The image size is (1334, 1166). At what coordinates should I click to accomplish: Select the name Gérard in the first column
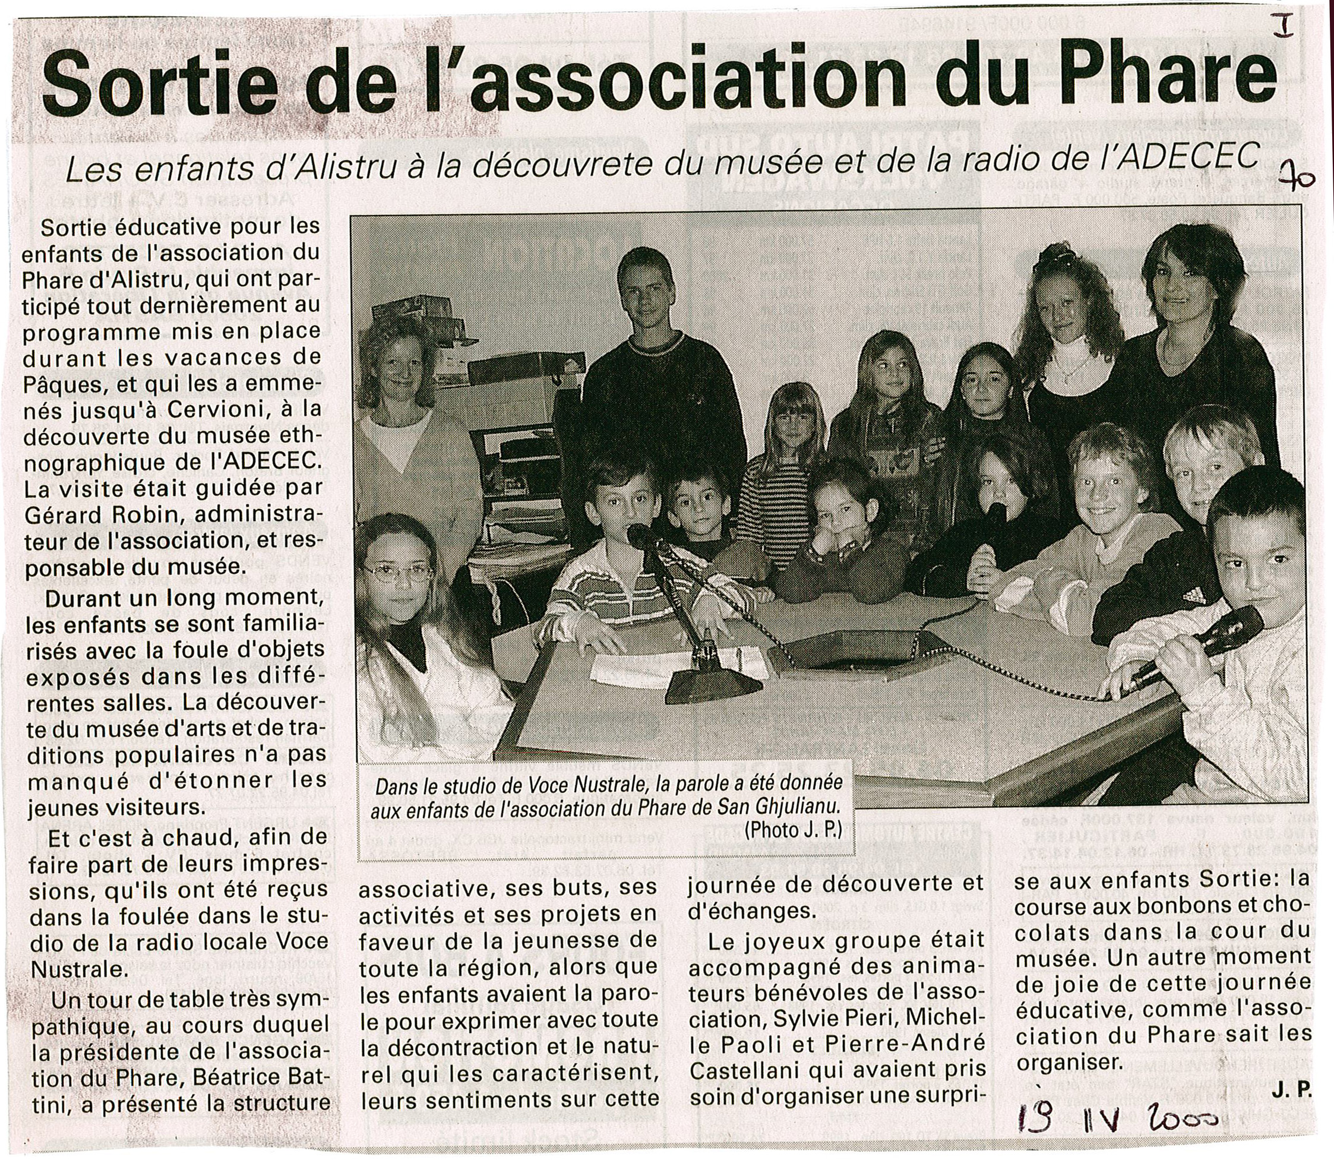[x=68, y=514]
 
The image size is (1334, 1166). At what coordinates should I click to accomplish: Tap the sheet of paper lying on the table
[x=625, y=668]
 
